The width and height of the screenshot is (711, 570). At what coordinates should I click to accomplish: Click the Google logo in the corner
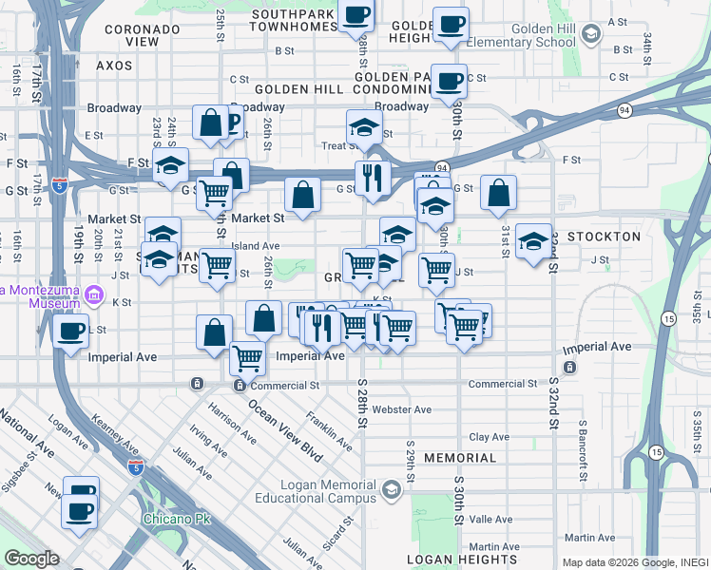(32, 559)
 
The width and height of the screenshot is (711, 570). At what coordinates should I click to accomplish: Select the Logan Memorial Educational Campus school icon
(391, 490)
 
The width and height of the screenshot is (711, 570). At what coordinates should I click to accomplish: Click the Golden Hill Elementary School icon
(590, 35)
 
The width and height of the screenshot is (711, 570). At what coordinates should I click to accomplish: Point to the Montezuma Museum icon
(94, 294)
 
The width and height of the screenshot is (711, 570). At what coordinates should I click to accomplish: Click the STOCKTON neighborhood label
(604, 236)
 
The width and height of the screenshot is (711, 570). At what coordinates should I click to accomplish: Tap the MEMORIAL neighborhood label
(460, 458)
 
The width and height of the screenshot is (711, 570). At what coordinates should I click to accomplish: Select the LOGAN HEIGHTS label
(453, 560)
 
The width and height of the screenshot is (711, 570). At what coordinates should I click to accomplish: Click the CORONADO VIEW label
(143, 35)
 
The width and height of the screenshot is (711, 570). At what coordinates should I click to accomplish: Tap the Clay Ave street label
(490, 437)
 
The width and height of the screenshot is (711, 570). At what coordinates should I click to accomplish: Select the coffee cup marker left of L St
(72, 332)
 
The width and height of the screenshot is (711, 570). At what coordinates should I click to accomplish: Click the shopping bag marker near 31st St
(498, 195)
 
